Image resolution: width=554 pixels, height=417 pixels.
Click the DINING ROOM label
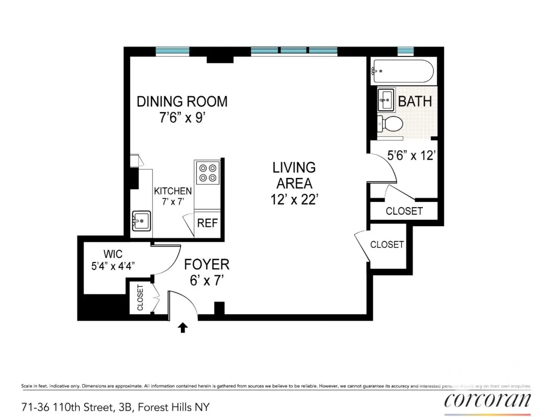(182, 101)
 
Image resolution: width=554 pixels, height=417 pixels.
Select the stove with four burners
(208, 172)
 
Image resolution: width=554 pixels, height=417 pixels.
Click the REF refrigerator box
(207, 223)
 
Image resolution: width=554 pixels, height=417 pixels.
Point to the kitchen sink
(141, 221)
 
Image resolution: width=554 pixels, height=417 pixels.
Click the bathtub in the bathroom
(402, 71)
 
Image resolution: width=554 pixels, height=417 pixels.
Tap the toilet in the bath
(390, 124)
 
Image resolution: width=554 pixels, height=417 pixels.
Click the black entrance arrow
(183, 327)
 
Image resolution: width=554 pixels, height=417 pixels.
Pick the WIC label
(113, 254)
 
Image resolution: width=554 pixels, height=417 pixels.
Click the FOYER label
(207, 264)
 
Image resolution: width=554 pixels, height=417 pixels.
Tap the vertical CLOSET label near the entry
(140, 298)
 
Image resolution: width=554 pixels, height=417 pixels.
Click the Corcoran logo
(487, 401)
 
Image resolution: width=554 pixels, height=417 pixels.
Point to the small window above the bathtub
(406, 51)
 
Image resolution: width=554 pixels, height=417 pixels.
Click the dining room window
(172, 51)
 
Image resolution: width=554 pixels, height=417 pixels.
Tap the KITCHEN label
(173, 191)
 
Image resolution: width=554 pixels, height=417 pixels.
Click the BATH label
(415, 101)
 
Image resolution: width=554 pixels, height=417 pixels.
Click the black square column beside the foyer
(219, 309)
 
